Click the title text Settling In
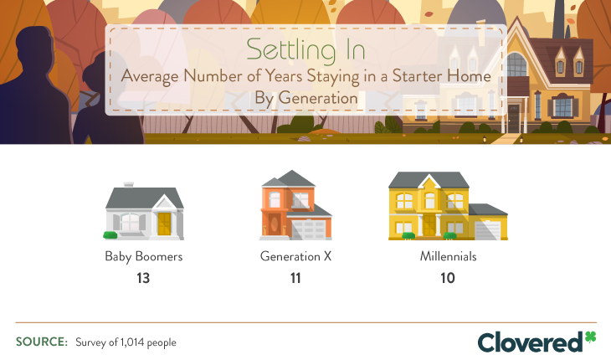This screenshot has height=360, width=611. click(x=305, y=49)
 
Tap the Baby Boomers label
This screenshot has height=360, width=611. click(x=143, y=256)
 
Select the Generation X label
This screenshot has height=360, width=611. click(x=296, y=256)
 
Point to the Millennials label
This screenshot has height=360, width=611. click(x=448, y=256)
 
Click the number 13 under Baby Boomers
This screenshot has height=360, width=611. click(x=143, y=277)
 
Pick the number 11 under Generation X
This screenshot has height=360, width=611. click(x=296, y=277)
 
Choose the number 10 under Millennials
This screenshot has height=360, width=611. click(x=448, y=277)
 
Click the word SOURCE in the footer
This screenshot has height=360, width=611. click(x=41, y=342)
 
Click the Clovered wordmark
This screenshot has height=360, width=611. click(x=530, y=341)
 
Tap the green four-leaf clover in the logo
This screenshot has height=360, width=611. click(x=591, y=337)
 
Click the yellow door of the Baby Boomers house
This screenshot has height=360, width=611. click(x=164, y=224)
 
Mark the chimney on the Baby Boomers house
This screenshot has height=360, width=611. click(x=128, y=183)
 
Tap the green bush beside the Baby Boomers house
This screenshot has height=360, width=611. click(x=110, y=234)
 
